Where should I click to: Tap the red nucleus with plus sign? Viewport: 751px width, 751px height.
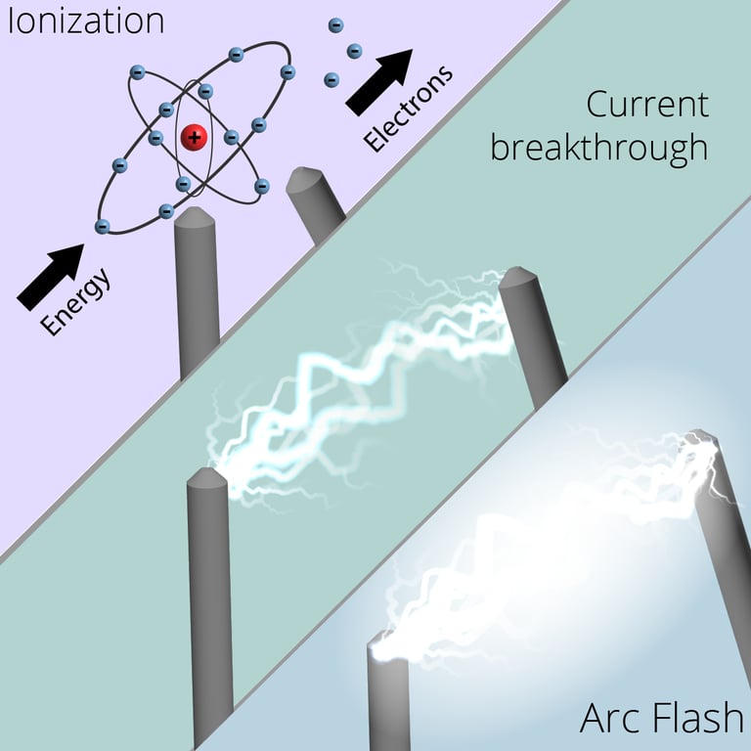point(195,137)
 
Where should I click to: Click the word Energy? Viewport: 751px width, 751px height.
point(77,301)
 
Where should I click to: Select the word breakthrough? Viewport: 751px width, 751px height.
point(598,148)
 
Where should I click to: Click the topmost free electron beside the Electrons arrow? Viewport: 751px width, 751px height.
point(335,24)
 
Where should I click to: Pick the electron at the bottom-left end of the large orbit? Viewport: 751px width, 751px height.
point(102,226)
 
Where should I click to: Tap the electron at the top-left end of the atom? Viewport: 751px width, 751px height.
point(137,71)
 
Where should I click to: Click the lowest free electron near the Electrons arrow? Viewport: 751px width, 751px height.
point(331,78)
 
